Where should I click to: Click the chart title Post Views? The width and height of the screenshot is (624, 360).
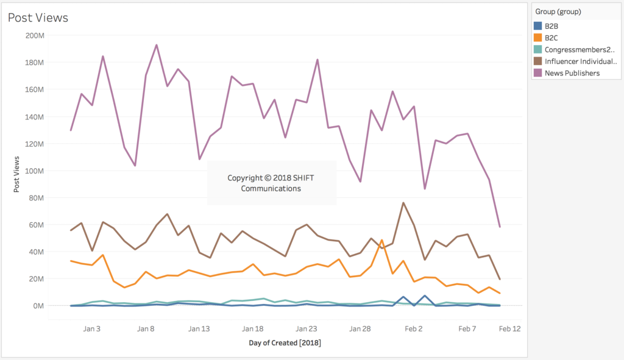[38, 18]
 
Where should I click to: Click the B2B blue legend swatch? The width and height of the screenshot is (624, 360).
[537, 26]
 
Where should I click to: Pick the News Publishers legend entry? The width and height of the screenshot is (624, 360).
[572, 73]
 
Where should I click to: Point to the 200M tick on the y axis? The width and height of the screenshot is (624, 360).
[34, 35]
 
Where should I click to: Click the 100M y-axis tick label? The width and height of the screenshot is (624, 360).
[34, 171]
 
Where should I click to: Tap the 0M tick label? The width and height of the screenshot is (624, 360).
[37, 306]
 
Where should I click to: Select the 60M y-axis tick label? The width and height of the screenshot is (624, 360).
[36, 225]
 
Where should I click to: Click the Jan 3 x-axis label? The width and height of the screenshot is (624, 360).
[92, 329]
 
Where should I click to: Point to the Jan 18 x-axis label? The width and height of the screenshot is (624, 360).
[253, 329]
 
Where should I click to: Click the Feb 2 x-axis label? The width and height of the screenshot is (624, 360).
[413, 329]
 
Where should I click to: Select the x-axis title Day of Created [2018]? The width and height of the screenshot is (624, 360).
[285, 343]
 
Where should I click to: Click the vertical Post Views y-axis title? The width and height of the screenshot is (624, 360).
[17, 174]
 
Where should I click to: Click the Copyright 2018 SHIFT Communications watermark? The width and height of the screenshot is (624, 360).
[271, 183]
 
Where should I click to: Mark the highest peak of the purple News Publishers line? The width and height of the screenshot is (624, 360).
[157, 45]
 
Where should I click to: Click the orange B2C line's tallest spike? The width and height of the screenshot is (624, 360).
[381, 240]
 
